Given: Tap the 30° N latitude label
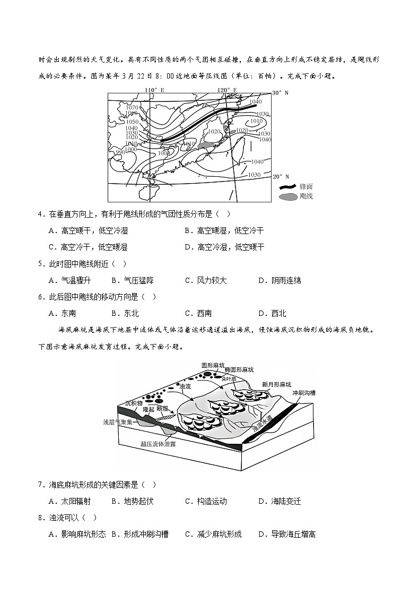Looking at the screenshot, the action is coord(281,92).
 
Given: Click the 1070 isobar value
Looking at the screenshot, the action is coord(132,108).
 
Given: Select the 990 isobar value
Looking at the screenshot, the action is coord(121,152).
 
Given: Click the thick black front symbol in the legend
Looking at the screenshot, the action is coord(288,186).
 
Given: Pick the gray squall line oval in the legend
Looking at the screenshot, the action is coord(288,196).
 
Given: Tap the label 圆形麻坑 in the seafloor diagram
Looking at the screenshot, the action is coord(213,365).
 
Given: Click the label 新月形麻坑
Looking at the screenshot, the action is coord(276,384).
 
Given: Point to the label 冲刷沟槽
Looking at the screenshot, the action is coord(304,393).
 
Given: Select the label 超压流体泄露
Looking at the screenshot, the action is coord(158,443).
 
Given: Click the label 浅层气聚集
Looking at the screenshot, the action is coord(119,422).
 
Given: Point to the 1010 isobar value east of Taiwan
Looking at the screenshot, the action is coord(256,121).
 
